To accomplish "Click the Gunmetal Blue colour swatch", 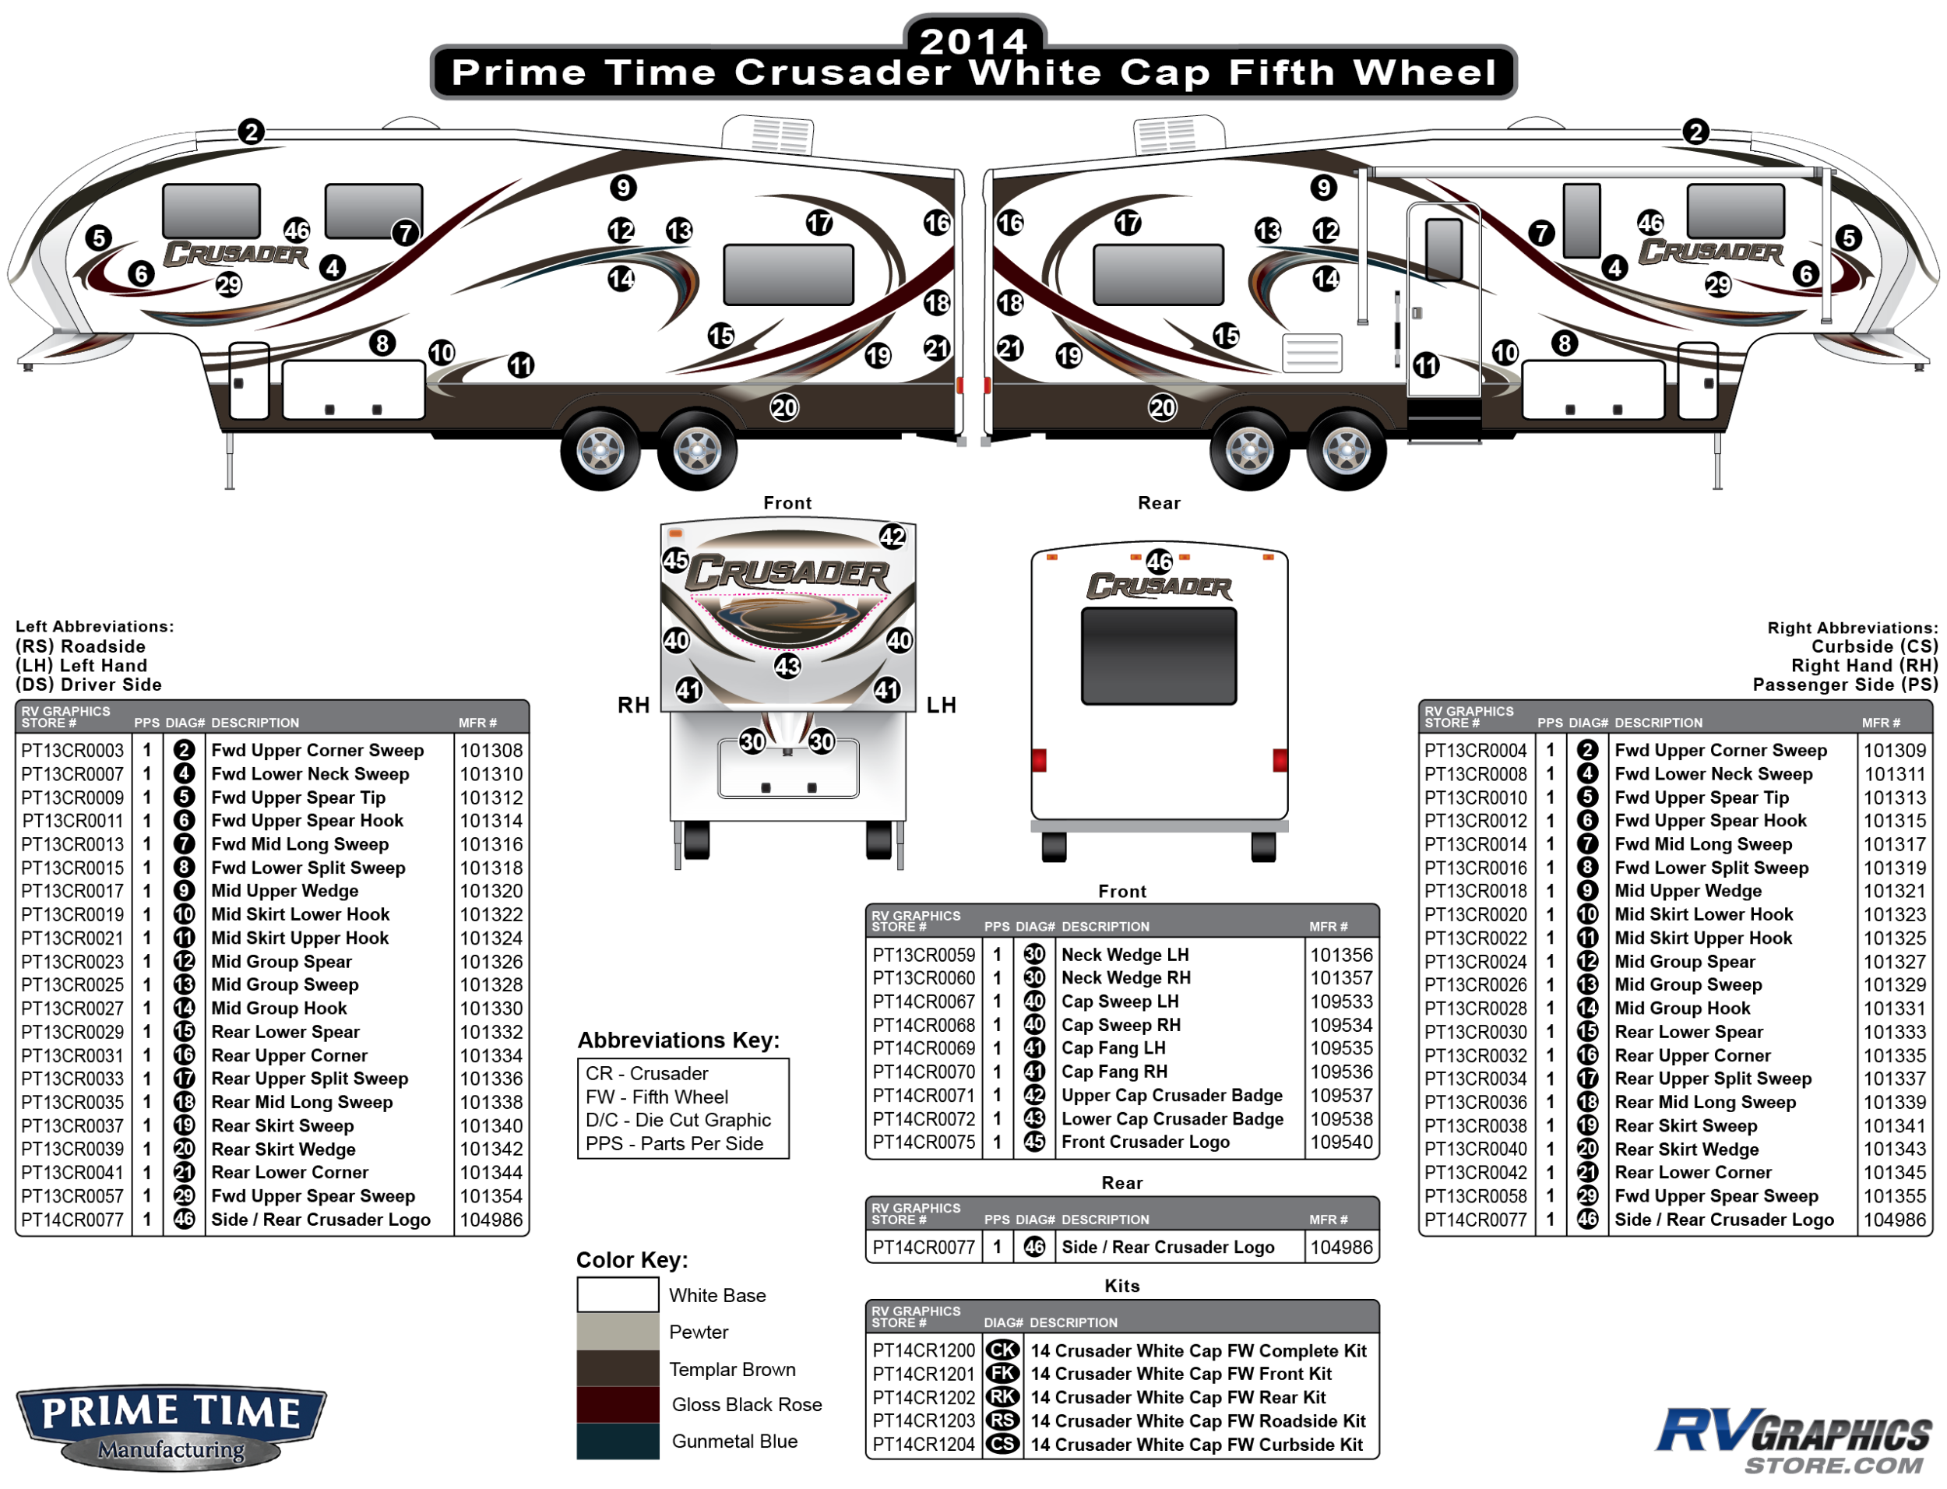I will [617, 1441].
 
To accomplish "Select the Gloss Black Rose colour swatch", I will [617, 1405].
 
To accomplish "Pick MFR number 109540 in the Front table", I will [1341, 1142].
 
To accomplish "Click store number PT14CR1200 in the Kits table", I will [923, 1350].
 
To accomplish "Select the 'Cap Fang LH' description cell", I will [1113, 1048].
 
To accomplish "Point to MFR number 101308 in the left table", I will [491, 751].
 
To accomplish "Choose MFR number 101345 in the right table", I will [1894, 1173].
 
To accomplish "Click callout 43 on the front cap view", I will [787, 667].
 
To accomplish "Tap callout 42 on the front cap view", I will [892, 537].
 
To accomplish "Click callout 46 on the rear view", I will [1159, 561].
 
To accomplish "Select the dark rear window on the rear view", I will [1158, 656].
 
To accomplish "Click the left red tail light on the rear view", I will [1039, 760].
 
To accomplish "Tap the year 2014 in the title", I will [973, 40].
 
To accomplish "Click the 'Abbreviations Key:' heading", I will [678, 1040].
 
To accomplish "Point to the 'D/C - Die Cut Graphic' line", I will [678, 1121].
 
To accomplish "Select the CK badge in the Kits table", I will [1002, 1350].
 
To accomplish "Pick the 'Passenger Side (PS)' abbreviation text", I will [1845, 685].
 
